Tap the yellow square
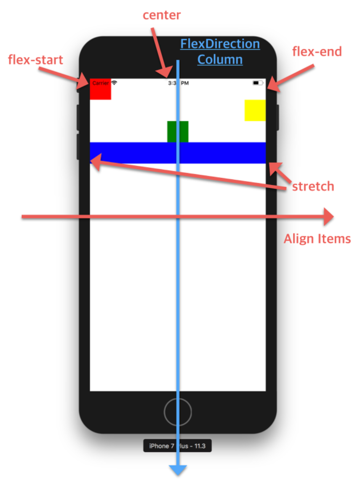tap(255, 110)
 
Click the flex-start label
tap(35, 60)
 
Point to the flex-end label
tap(317, 52)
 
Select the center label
tap(162, 15)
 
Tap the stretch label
tap(313, 186)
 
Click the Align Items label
tap(317, 239)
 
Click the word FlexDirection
tap(220, 44)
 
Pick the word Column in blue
tap(220, 59)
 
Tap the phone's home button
tap(178, 412)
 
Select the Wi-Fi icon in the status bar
tap(114, 83)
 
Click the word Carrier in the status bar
tap(100, 83)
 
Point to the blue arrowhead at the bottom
tap(178, 470)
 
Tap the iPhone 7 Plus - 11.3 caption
tap(177, 446)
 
